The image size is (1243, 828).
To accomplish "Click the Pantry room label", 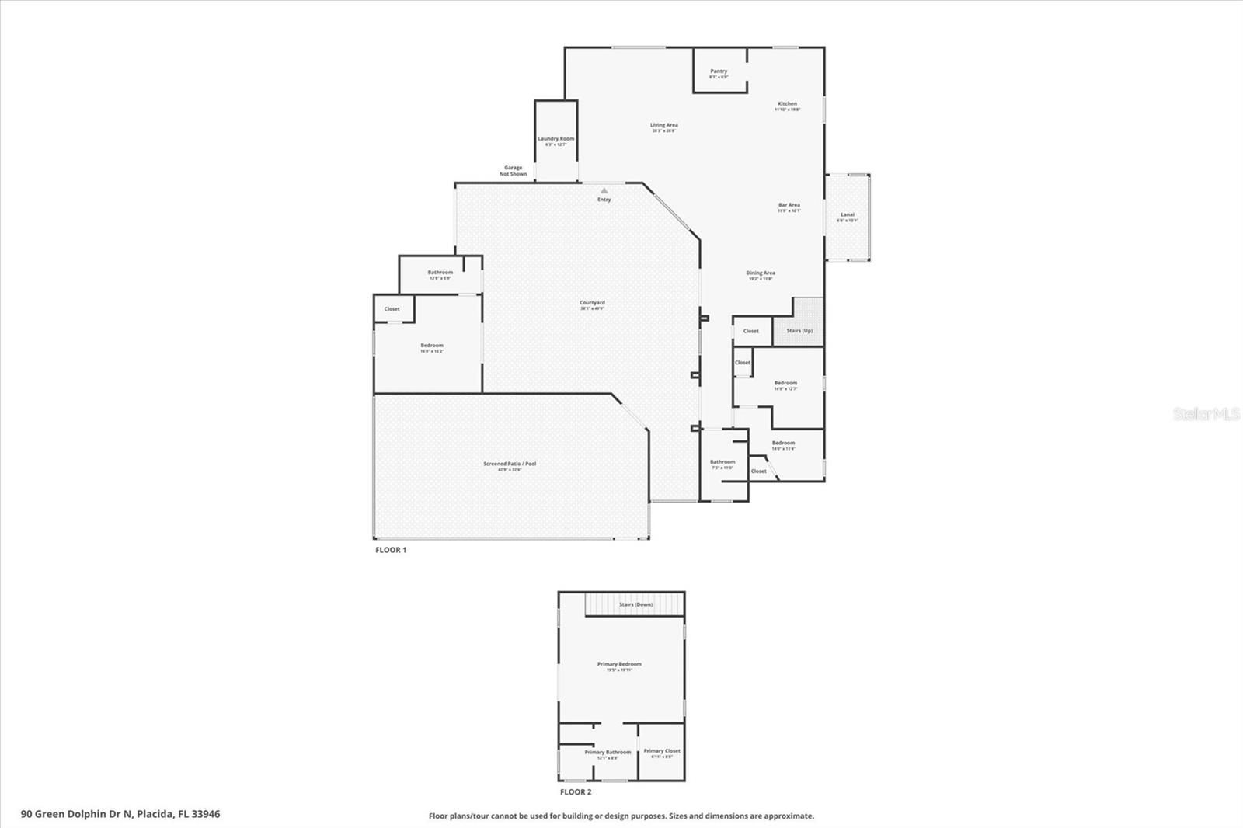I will (719, 71).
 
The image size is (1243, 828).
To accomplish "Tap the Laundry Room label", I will (556, 139).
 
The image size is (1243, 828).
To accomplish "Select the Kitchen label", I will (787, 104).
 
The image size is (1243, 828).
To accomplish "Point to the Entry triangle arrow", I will (604, 190).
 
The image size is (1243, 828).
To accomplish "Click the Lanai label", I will (847, 215).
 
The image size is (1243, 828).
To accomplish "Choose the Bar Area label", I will (789, 206).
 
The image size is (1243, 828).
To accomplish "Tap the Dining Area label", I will (760, 273).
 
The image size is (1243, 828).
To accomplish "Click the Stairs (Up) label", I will (799, 331).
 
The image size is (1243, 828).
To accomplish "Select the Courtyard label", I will (592, 303).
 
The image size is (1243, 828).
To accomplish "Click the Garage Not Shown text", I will (514, 171).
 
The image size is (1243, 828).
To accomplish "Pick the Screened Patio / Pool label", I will (510, 464).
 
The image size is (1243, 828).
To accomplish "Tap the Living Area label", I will (663, 125).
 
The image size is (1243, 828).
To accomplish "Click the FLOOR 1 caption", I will (391, 550).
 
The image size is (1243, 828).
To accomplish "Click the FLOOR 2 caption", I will (576, 792).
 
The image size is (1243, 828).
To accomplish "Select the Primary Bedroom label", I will (619, 665).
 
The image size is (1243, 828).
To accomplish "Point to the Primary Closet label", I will (662, 751).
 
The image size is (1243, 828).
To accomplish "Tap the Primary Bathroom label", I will (608, 753).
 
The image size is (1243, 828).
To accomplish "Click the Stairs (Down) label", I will (635, 604).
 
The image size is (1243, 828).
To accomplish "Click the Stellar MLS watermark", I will (1206, 414).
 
